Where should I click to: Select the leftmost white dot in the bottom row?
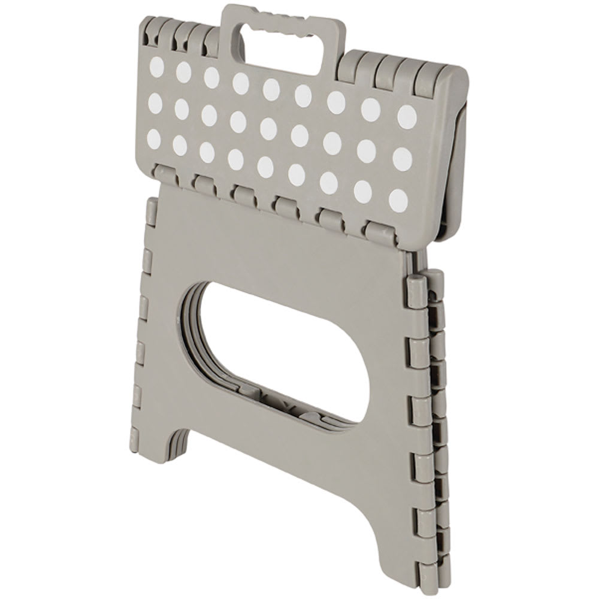(x=154, y=138)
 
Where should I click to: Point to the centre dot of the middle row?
(x=268, y=128)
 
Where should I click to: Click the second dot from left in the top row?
(x=183, y=72)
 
